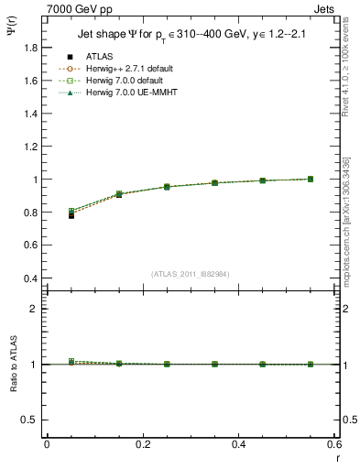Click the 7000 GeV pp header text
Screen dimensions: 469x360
pos(80,9)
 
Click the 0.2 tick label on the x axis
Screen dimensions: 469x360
pos(142,444)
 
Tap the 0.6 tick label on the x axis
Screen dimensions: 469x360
pos(334,444)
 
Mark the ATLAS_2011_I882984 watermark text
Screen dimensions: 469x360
pos(190,274)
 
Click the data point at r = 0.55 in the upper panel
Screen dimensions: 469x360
pos(311,179)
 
